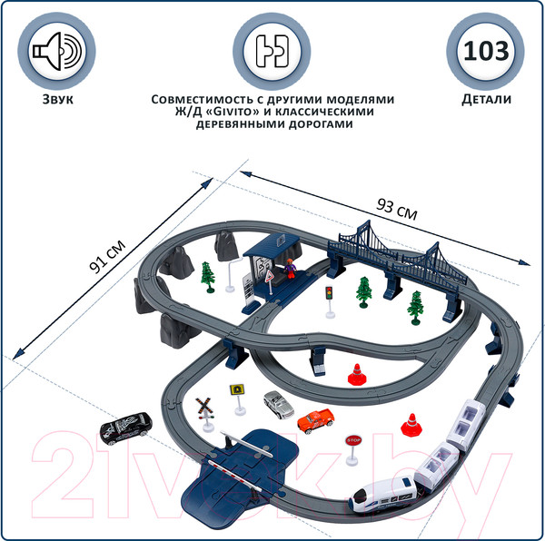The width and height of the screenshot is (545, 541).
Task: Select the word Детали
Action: (x=485, y=99)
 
